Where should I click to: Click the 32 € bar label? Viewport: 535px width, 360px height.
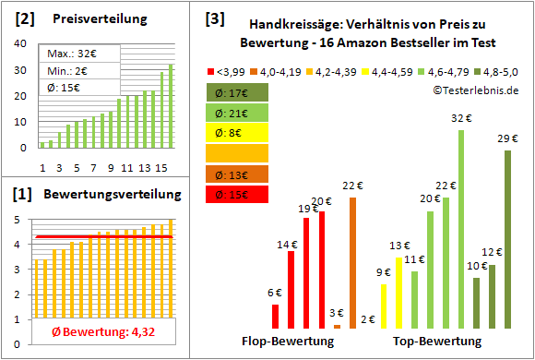[458, 117]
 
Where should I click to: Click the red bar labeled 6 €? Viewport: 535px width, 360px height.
[275, 316]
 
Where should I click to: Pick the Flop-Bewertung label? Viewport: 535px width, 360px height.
[288, 341]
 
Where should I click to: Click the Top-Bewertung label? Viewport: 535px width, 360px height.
[437, 341]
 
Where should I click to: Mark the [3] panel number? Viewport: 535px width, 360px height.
[215, 18]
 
